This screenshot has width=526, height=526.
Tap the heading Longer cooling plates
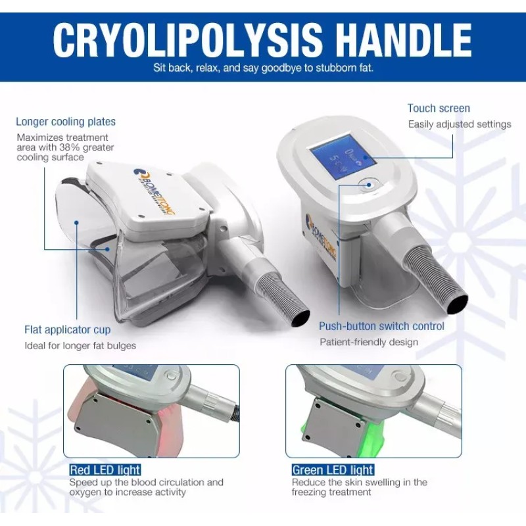point(66,122)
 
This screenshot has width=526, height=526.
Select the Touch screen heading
point(439,108)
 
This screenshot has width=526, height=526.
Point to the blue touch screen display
point(343,157)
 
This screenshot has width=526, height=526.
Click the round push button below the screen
point(368,185)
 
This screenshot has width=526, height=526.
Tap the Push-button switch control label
point(381,326)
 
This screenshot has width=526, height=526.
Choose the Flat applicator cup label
point(68,330)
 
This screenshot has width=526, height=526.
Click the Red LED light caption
point(105,469)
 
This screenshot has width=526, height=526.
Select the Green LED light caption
point(333,469)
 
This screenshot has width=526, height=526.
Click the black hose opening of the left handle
point(300,318)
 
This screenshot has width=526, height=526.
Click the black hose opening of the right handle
point(457,304)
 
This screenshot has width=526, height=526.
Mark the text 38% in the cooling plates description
point(68,147)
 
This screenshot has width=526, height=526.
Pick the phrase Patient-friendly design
point(369,342)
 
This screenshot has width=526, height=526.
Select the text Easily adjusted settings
point(460,124)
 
